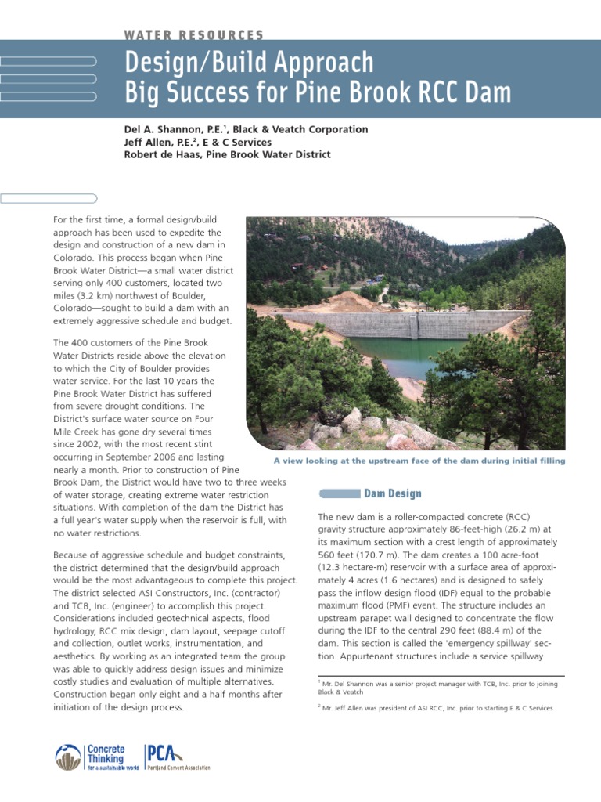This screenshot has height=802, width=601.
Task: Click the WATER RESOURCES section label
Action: point(194,35)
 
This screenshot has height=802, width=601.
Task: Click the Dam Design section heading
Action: point(393,493)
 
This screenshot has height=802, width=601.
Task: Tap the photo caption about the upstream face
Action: point(419,461)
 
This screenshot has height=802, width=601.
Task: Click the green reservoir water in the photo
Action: point(395,352)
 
